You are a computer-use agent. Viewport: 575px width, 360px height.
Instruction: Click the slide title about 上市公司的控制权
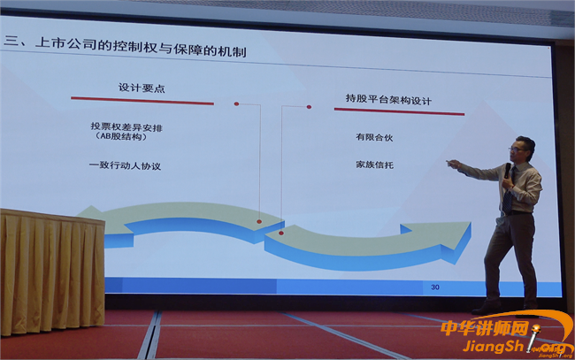[125, 46]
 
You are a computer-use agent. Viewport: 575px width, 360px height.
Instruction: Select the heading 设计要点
[142, 88]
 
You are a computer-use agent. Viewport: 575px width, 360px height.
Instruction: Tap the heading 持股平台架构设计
[388, 99]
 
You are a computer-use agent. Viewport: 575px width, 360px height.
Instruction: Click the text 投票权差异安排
[126, 127]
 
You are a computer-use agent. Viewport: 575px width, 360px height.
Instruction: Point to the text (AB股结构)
[121, 136]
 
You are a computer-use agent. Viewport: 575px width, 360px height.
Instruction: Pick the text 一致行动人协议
[125, 165]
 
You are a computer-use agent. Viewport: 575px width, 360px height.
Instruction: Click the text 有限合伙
[374, 137]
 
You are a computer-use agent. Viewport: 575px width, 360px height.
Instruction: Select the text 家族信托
[374, 165]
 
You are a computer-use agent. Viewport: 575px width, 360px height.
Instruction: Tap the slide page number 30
[435, 287]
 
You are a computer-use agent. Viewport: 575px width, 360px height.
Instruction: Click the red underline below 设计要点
[142, 101]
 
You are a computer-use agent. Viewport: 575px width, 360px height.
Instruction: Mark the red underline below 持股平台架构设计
[399, 111]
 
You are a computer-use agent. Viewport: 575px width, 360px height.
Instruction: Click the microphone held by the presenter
[507, 171]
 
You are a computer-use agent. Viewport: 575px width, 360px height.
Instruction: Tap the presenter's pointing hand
[453, 164]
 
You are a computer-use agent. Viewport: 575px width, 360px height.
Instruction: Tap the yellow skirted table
[52, 272]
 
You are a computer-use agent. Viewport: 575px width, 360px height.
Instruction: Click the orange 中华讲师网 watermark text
[485, 328]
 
